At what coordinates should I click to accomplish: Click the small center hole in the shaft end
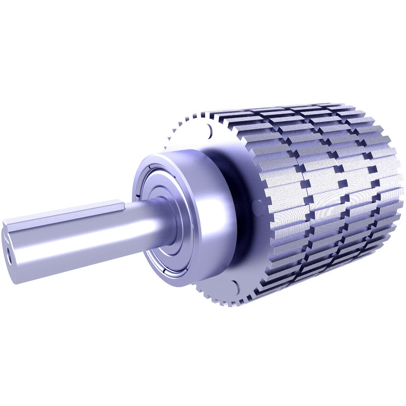(8, 259)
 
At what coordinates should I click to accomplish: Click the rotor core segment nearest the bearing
(286, 195)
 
